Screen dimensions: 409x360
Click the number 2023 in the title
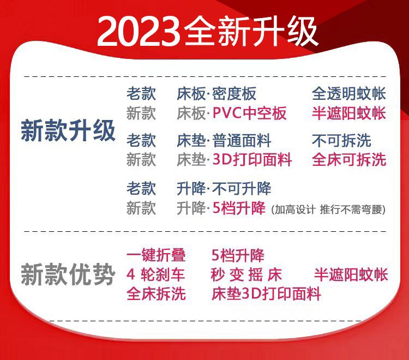139,32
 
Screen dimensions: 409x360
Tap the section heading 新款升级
68,130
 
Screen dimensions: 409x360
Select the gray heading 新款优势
68,274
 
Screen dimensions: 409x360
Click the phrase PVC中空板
250,113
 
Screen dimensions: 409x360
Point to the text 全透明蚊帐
349,94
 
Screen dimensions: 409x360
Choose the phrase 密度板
234,94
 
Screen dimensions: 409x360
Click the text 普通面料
242,140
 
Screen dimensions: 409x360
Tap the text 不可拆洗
341,140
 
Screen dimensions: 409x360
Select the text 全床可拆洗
349,160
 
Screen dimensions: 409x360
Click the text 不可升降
242,188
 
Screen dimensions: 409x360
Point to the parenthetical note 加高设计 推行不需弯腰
329,209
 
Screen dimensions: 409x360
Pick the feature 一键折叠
156,255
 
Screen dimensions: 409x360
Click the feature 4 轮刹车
156,274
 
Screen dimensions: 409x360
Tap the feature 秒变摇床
246,274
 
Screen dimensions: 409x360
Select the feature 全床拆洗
156,294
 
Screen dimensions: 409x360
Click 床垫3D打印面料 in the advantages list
266,294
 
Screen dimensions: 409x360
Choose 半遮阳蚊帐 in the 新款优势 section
351,274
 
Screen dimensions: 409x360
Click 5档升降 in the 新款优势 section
238,255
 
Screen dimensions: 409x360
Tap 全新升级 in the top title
250,31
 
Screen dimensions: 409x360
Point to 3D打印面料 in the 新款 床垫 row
252,160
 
